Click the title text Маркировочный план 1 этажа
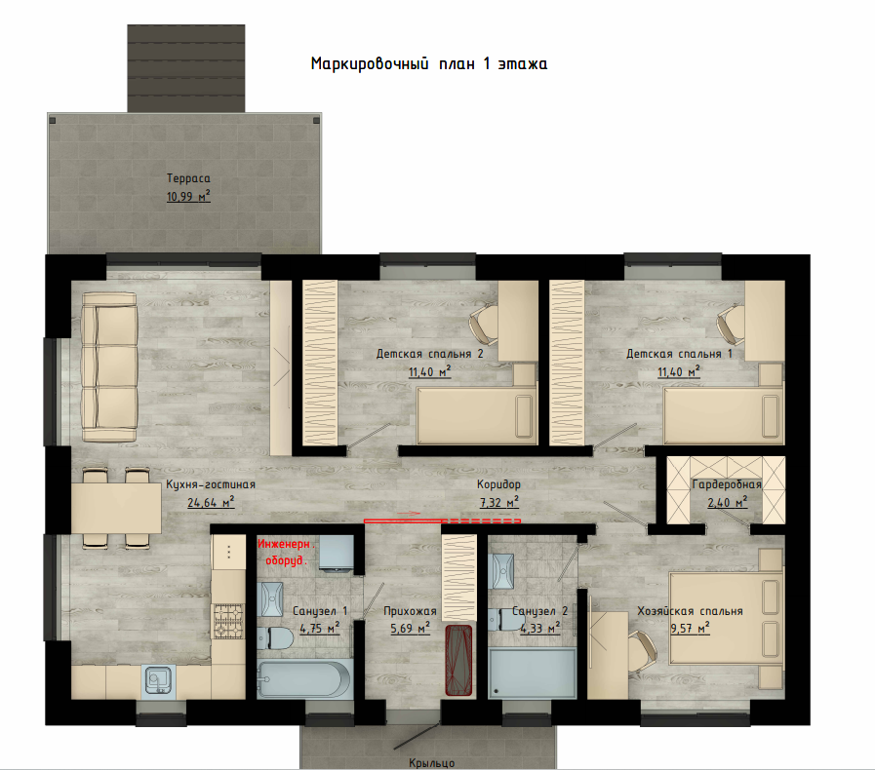click(x=428, y=63)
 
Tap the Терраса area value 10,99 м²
click(x=188, y=196)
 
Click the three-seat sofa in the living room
click(x=109, y=367)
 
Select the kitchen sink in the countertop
click(x=160, y=680)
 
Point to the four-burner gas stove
click(x=229, y=621)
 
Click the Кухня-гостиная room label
click(x=211, y=484)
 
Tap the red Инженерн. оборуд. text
click(x=286, y=552)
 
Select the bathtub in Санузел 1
click(x=304, y=678)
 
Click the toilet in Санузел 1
click(x=275, y=637)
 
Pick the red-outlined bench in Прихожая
click(x=458, y=660)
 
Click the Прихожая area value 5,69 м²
click(x=410, y=629)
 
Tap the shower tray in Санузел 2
click(x=532, y=673)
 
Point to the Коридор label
click(x=498, y=484)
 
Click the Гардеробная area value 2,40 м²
click(x=727, y=502)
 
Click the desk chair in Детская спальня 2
click(x=483, y=326)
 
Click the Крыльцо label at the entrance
click(x=431, y=763)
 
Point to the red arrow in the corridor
click(x=408, y=513)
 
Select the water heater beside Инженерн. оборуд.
click(x=337, y=553)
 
